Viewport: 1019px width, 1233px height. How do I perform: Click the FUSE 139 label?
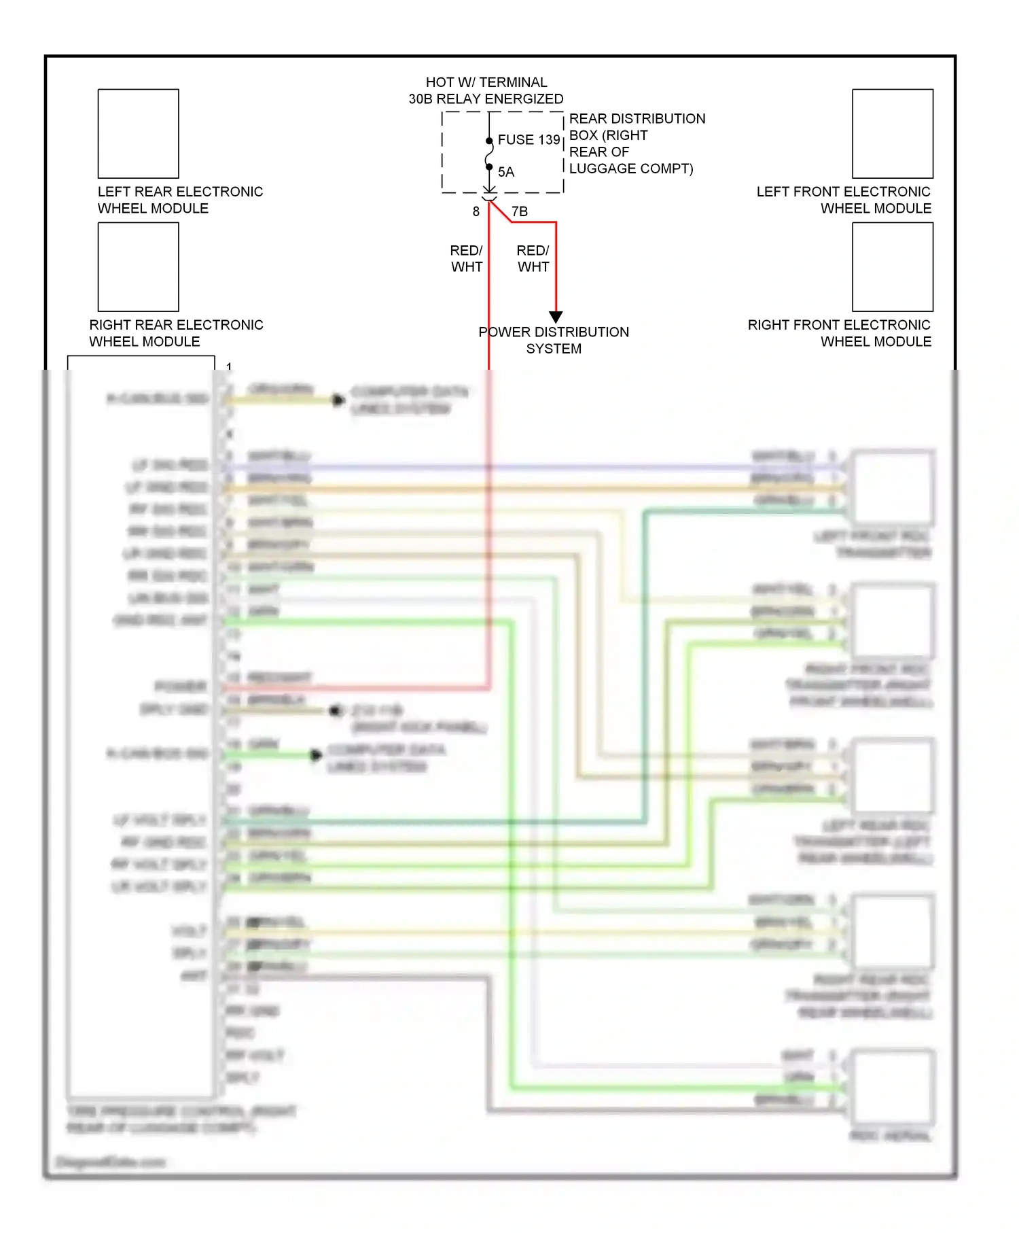[x=529, y=140]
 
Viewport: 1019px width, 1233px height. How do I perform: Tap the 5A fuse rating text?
[x=506, y=172]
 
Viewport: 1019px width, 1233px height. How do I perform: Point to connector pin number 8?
[x=476, y=211]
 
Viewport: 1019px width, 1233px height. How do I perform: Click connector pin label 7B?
[x=520, y=211]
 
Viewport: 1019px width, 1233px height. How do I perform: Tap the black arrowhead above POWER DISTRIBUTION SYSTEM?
[x=556, y=317]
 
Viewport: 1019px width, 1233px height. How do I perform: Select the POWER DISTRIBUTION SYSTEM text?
[x=554, y=340]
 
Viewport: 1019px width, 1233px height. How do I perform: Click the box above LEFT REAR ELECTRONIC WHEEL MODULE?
[x=139, y=134]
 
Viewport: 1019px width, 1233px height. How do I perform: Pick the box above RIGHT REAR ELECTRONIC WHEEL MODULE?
[x=139, y=267]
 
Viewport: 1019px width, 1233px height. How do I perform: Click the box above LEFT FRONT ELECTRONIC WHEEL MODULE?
[x=893, y=134]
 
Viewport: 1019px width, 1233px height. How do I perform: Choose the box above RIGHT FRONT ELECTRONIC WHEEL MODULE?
[x=893, y=267]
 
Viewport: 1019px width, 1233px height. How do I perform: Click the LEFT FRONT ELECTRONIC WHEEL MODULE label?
[x=843, y=200]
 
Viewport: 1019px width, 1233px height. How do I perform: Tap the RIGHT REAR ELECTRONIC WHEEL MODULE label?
[x=176, y=333]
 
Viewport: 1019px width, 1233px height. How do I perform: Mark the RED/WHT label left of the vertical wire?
[x=467, y=259]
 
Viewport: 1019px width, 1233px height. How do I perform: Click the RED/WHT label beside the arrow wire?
[x=533, y=259]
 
